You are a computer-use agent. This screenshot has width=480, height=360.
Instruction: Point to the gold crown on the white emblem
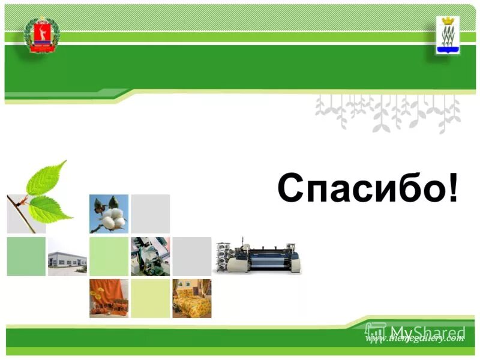tap(446, 22)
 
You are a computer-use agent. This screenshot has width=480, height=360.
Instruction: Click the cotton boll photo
tap(109, 214)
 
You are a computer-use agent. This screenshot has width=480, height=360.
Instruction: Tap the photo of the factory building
tap(67, 256)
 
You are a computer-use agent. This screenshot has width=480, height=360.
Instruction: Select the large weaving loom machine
tap(258, 257)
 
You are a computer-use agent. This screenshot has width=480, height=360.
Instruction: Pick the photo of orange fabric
tap(109, 298)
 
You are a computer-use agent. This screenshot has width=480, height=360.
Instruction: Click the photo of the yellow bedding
tap(191, 298)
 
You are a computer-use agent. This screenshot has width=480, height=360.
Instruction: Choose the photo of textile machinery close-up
tap(150, 256)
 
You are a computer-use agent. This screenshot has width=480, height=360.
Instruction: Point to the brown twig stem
tap(22, 210)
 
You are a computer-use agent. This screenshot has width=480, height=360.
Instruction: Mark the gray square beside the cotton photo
tap(150, 214)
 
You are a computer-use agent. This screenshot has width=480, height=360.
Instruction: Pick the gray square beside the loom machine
tap(191, 256)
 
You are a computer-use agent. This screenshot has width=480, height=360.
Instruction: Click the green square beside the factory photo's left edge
tap(26, 256)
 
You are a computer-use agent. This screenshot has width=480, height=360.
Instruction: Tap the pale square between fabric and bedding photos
tap(150, 298)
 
